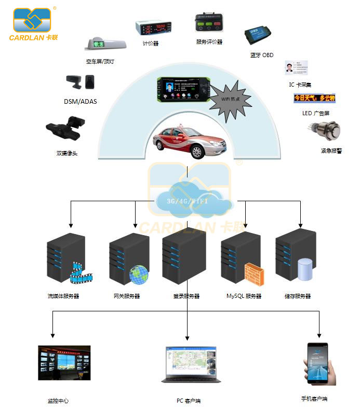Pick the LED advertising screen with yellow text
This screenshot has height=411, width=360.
tap(314, 98)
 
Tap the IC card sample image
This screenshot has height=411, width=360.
tap(296, 68)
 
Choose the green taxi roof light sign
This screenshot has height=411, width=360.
tap(106, 45)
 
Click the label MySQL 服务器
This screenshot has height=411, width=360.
tap(244, 296)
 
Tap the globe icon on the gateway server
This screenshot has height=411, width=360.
tap(139, 275)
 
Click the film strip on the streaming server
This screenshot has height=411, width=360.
tap(82, 275)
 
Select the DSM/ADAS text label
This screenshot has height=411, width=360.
tap(80, 102)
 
